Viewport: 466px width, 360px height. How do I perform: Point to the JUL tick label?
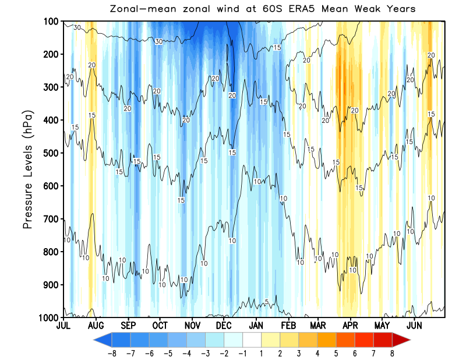(x=63, y=325)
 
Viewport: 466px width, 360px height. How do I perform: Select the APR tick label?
(x=350, y=325)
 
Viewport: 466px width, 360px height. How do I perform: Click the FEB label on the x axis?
(x=288, y=325)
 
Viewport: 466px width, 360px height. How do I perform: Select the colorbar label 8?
(x=392, y=352)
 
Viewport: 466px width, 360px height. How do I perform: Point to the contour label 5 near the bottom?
(x=267, y=301)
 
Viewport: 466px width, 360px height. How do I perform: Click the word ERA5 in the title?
(x=320, y=9)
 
